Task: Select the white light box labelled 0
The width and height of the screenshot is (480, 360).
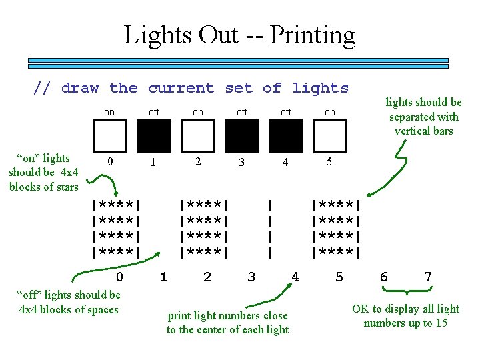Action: tap(110, 137)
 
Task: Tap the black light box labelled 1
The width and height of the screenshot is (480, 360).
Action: tap(154, 137)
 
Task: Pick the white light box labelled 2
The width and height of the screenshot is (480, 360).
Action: tap(198, 137)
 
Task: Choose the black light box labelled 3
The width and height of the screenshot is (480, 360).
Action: tap(242, 137)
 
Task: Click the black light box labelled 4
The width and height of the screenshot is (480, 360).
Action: tap(286, 137)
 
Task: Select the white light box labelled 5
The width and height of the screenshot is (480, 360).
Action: tap(330, 137)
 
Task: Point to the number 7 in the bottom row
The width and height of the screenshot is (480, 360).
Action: tap(427, 276)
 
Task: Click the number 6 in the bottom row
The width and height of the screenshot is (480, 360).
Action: tap(383, 276)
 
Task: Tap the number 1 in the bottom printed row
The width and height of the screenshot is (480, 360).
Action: tap(163, 277)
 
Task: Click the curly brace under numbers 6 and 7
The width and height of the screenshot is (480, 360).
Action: tap(405, 291)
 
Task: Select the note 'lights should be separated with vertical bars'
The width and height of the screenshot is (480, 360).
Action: tap(423, 117)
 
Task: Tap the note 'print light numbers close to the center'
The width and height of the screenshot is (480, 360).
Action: tap(227, 323)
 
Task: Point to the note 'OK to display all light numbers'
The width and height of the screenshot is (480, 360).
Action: tap(405, 316)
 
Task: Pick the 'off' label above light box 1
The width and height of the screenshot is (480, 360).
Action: tap(154, 112)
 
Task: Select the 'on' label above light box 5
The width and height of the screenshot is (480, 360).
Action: tap(330, 112)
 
